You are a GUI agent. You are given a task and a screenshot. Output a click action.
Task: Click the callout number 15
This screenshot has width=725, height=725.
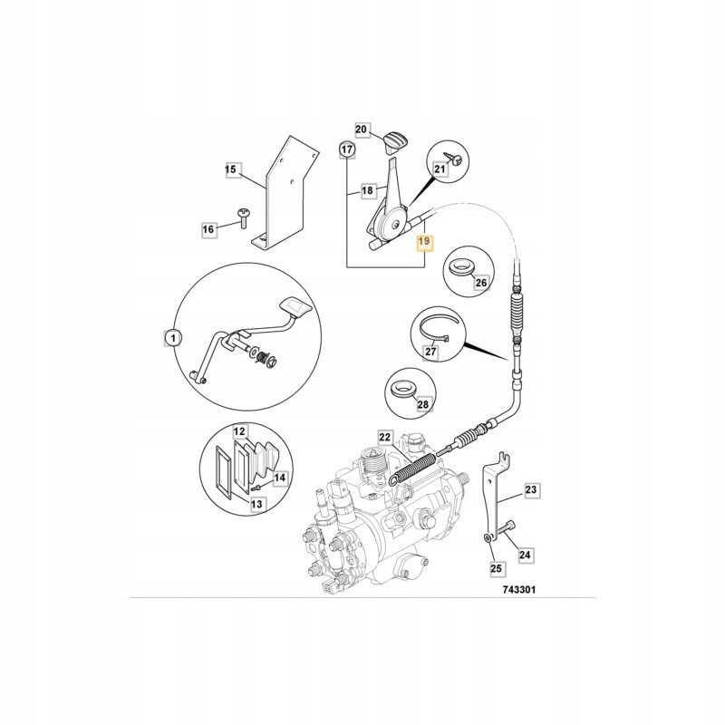point(230,169)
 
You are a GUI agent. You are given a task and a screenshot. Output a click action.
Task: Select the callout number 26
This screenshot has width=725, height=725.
point(481,283)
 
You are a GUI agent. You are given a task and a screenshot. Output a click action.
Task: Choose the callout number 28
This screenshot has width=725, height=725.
point(423,408)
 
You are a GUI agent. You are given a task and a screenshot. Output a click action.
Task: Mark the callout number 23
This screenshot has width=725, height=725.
point(531,490)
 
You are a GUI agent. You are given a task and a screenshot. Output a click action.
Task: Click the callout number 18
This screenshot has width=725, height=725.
point(368,191)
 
